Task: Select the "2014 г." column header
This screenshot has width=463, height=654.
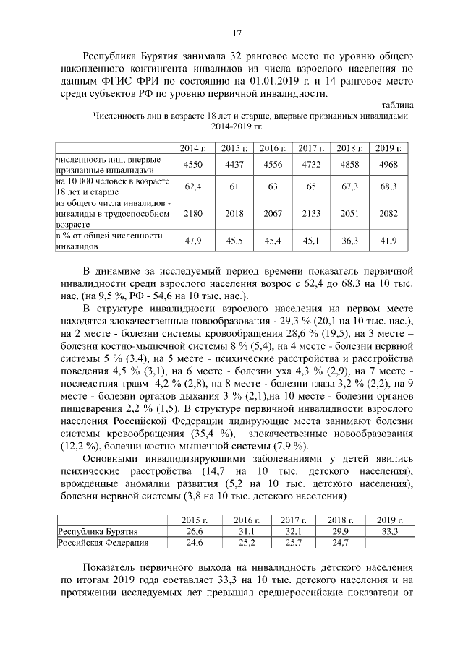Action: pyautogui.click(x=193, y=147)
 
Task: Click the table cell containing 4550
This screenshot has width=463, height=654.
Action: pyautogui.click(x=193, y=165)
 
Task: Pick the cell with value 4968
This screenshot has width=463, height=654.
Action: pyautogui.click(x=388, y=165)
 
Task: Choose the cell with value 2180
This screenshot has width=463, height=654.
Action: pyautogui.click(x=193, y=214)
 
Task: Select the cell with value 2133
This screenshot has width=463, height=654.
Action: pyautogui.click(x=311, y=214)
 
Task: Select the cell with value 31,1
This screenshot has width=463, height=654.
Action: pyautogui.click(x=243, y=531)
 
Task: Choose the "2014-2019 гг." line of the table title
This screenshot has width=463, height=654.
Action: pyautogui.click(x=237, y=126)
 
